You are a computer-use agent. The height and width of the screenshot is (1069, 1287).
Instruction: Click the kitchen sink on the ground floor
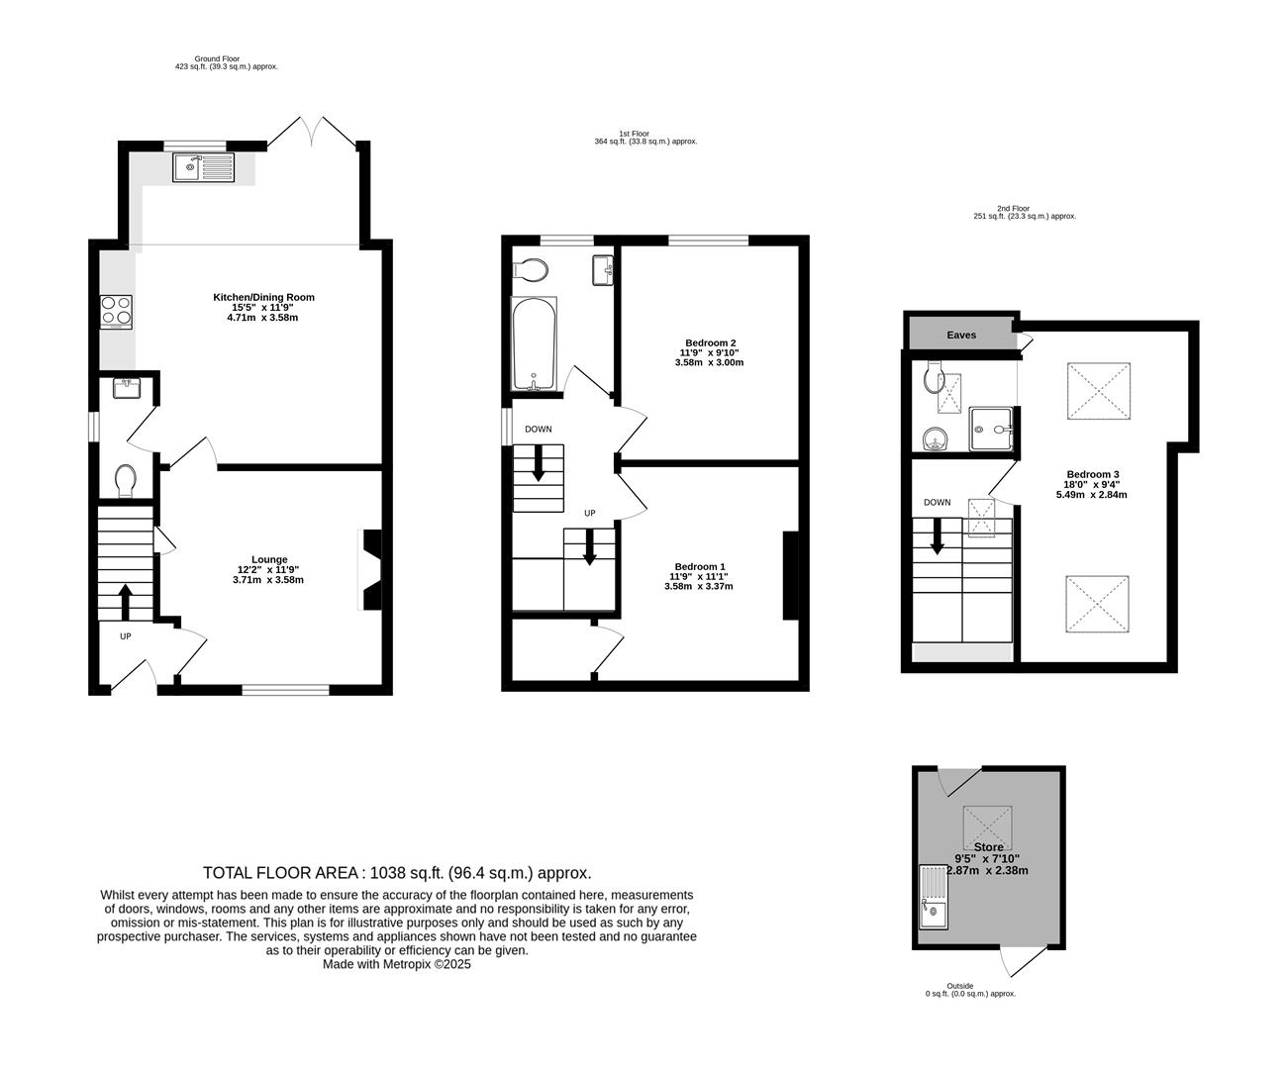click(x=203, y=167)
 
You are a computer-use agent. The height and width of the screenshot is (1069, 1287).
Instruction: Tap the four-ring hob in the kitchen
click(x=116, y=312)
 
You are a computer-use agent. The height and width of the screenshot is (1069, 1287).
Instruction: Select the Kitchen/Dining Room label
click(x=263, y=297)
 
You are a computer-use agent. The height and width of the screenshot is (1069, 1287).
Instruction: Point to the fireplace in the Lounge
click(x=371, y=571)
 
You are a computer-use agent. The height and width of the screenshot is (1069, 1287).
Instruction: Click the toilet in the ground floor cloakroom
click(x=125, y=482)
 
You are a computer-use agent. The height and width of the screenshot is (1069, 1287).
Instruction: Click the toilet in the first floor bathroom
click(x=532, y=269)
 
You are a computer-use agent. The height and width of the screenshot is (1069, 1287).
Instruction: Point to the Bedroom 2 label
click(x=708, y=342)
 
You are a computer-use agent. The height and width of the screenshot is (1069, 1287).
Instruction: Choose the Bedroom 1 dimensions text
click(x=698, y=581)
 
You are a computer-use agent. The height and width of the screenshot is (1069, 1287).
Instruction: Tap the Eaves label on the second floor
click(x=961, y=335)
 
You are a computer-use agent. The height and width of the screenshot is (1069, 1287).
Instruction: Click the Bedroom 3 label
click(x=1094, y=474)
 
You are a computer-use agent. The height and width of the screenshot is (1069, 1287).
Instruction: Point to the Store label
click(x=988, y=847)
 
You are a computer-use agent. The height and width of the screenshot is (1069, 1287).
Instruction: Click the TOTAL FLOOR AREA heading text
click(x=397, y=872)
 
